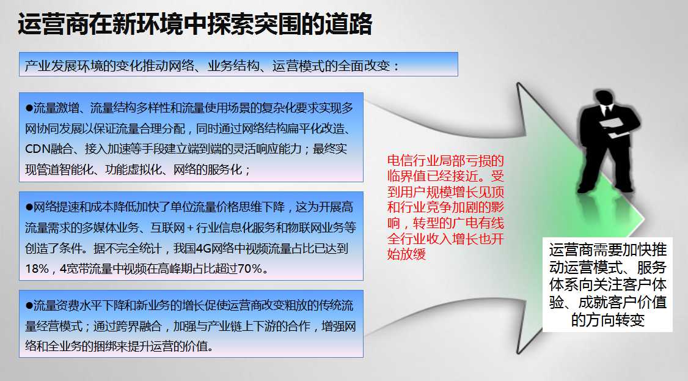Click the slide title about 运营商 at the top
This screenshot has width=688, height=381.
tap(195, 24)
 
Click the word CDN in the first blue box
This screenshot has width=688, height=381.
tap(37, 149)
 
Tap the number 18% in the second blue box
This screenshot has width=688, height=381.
tap(37, 268)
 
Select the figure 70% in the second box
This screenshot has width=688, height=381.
tap(250, 268)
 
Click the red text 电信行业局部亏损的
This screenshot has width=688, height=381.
tap(445, 161)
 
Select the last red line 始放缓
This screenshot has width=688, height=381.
tap(406, 254)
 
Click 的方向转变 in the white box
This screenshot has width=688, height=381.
tap(607, 320)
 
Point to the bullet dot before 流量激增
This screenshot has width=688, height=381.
tap(29, 108)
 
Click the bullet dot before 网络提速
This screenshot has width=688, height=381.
tap(29, 207)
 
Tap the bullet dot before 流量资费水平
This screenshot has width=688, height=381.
tap(29, 306)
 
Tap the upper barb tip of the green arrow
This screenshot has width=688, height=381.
tap(518, 83)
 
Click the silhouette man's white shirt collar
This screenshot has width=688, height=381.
tap(606, 109)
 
